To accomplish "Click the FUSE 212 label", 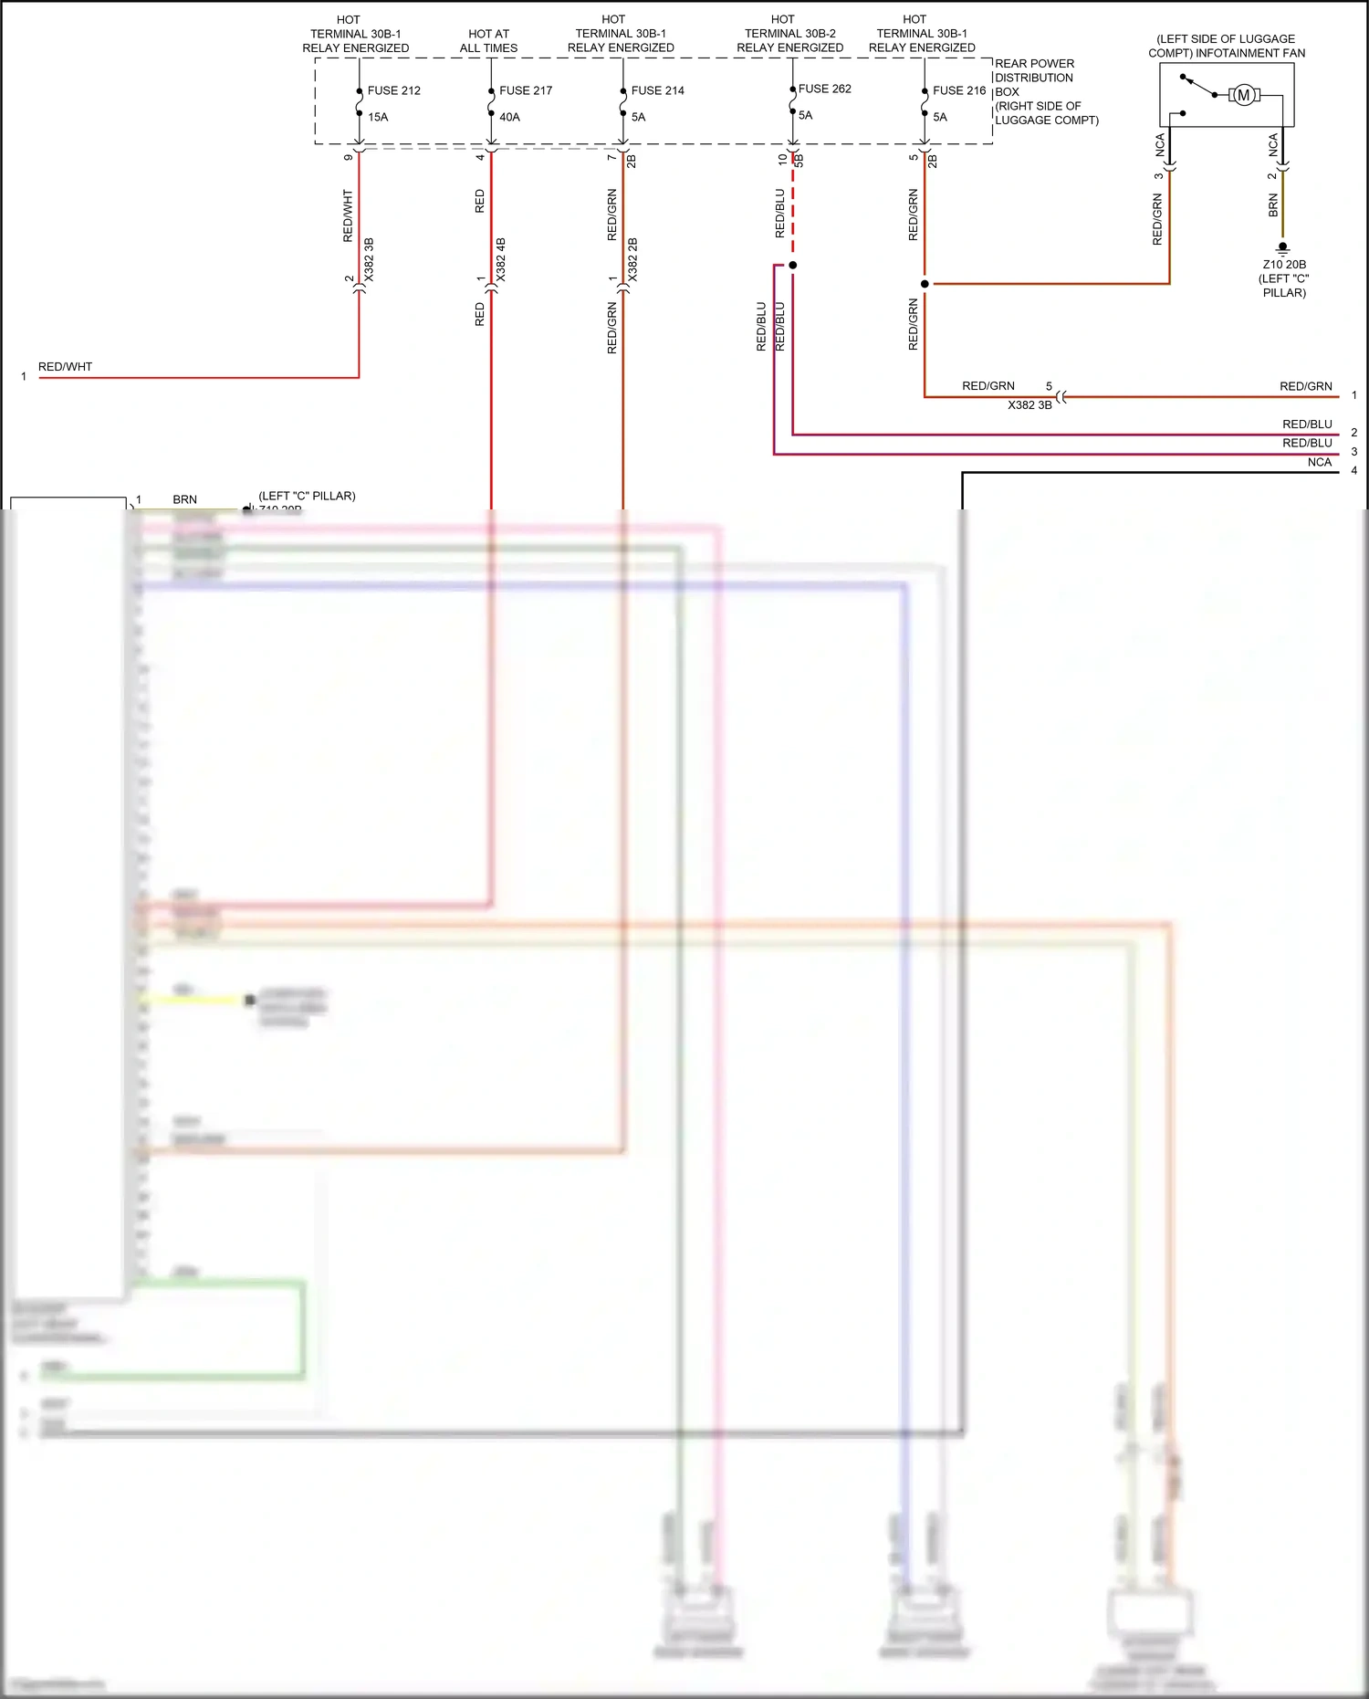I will point(393,90).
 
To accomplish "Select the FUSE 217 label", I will point(526,90).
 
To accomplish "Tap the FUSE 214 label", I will point(657,90).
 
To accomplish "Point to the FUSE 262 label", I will point(824,89).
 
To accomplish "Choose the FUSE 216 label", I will point(959,90).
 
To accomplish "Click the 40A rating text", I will point(509,117).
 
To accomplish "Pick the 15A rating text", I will point(378,117).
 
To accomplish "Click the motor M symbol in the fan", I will point(1243,95).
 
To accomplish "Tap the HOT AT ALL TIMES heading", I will point(488,41).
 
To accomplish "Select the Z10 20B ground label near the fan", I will point(1284,265).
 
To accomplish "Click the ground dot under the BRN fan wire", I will point(1282,246).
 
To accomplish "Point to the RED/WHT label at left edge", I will point(65,367).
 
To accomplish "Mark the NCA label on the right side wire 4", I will point(1319,462).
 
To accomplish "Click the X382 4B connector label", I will point(501,259).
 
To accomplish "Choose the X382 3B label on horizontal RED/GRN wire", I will point(1029,405).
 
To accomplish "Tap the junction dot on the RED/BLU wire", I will point(792,265).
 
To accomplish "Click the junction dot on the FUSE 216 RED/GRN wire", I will point(925,284).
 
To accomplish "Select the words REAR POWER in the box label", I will point(1034,64).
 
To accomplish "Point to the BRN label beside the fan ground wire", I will point(1273,205).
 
